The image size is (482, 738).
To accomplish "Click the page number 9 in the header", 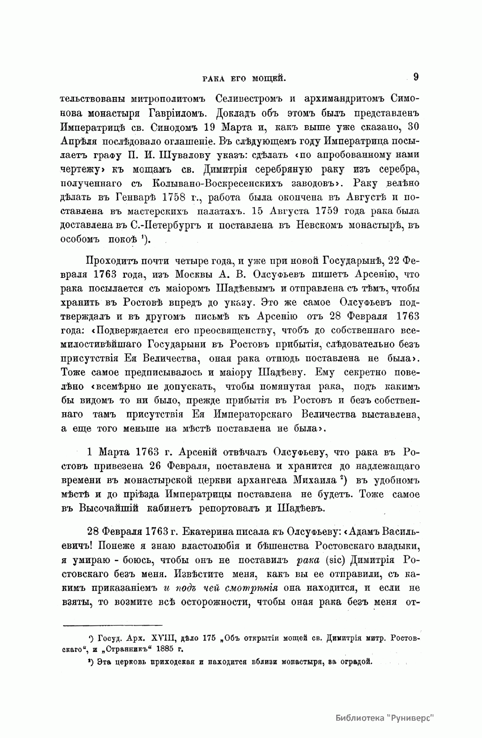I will tap(416, 76).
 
